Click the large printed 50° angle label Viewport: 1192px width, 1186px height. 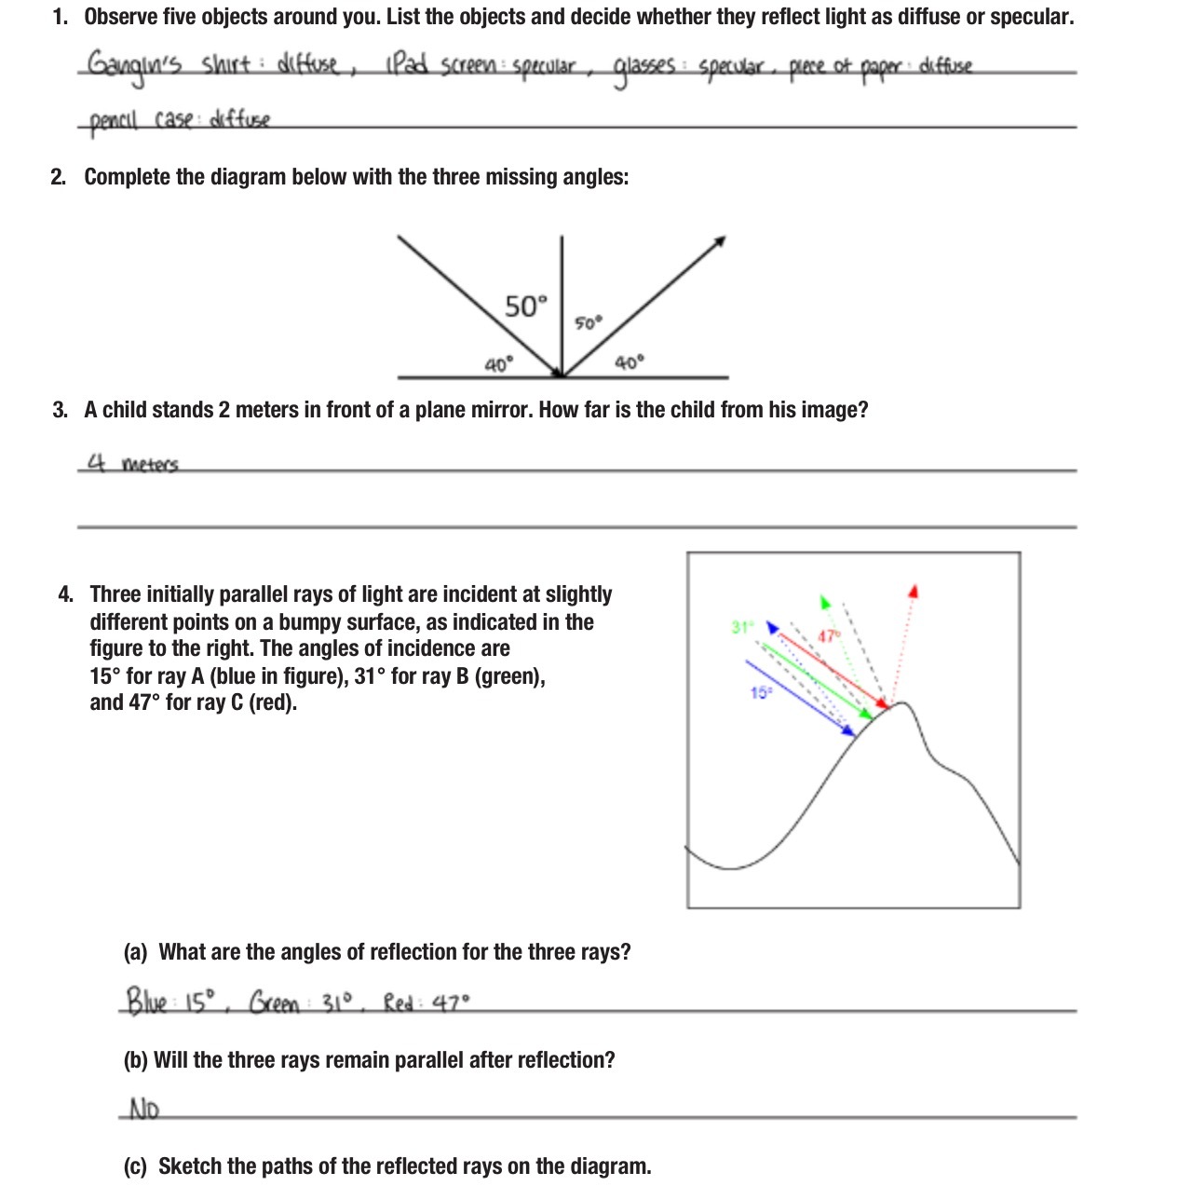pyautogui.click(x=526, y=307)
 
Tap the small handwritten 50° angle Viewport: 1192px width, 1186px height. pyautogui.click(x=589, y=323)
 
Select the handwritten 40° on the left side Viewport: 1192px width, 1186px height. pyautogui.click(x=498, y=365)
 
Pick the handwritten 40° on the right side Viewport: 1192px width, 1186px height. pyautogui.click(x=629, y=362)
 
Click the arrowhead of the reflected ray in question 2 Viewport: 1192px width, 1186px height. pyautogui.click(x=720, y=241)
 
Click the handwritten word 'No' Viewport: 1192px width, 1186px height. pyautogui.click(x=143, y=1110)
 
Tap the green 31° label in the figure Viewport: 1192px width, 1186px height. pyautogui.click(x=741, y=627)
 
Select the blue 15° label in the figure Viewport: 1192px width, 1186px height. pyautogui.click(x=761, y=692)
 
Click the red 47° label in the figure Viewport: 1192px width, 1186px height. pyautogui.click(x=829, y=636)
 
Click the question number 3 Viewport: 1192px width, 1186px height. pyautogui.click(x=60, y=410)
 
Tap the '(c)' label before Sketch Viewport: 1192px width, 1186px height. pyautogui.click(x=136, y=1166)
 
